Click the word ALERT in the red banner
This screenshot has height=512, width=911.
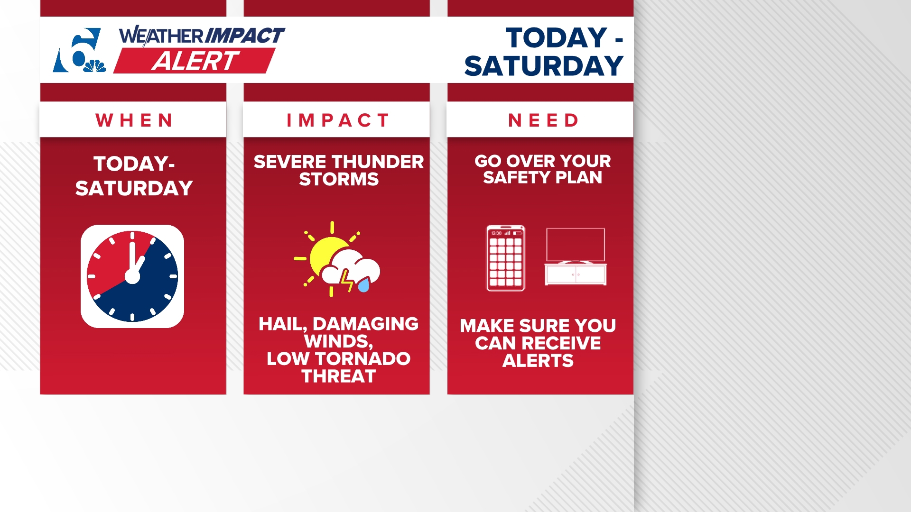(x=195, y=61)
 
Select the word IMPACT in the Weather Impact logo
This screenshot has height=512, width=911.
(x=245, y=36)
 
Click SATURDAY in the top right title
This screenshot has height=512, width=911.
(x=543, y=66)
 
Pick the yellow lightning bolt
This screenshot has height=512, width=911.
(x=347, y=281)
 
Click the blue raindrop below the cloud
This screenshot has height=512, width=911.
(x=364, y=285)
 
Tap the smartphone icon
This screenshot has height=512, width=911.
(x=506, y=258)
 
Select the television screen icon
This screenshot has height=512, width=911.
(x=576, y=245)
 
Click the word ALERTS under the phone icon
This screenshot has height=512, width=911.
(x=538, y=361)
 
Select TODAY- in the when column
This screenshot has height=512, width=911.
(x=134, y=164)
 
